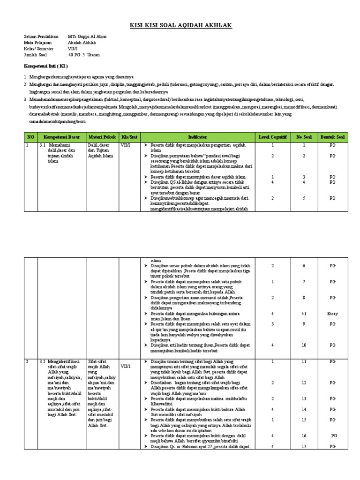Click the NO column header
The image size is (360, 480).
[x=31, y=136]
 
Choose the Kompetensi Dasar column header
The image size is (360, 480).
[x=62, y=136]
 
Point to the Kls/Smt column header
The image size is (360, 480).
[x=128, y=136]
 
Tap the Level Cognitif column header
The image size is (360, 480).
[x=272, y=136]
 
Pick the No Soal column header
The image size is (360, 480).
[x=303, y=136]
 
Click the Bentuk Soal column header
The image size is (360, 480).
[x=332, y=136]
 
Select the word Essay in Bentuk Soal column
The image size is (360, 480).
[x=332, y=313]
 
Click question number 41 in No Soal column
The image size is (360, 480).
[x=303, y=313]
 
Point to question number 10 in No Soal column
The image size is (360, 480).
[x=303, y=345]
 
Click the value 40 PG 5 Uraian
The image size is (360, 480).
[x=84, y=54]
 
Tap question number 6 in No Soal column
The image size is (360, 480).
[x=303, y=266]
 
